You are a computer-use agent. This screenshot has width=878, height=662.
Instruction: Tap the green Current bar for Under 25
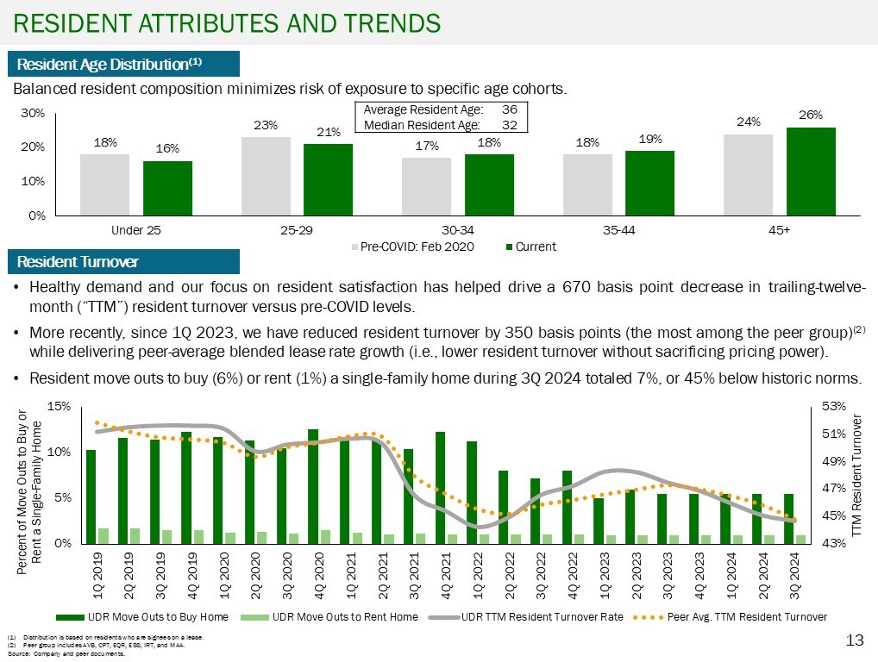coord(167,188)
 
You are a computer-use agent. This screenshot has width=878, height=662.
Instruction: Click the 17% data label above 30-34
coord(426,146)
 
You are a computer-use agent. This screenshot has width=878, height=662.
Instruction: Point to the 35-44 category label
coord(619,231)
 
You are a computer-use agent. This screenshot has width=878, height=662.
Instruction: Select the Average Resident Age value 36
coord(509,110)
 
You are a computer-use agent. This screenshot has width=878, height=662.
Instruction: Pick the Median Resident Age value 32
coord(509,125)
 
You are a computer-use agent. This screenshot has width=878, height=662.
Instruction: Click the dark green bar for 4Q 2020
coord(313,486)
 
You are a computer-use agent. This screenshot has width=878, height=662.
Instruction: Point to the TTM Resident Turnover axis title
coord(856,478)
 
